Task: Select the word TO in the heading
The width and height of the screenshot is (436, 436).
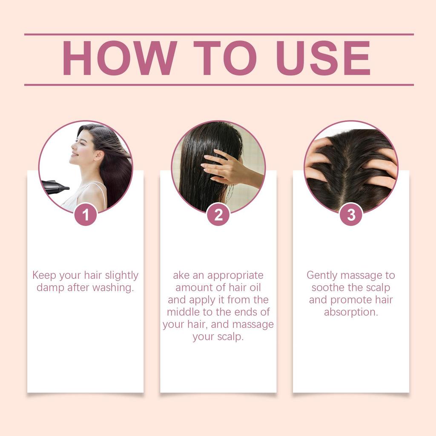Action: (225, 59)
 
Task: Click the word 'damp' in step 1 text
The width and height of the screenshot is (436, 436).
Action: (50, 288)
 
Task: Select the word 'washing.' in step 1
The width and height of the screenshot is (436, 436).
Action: (113, 288)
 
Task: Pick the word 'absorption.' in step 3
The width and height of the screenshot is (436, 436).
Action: (351, 312)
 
